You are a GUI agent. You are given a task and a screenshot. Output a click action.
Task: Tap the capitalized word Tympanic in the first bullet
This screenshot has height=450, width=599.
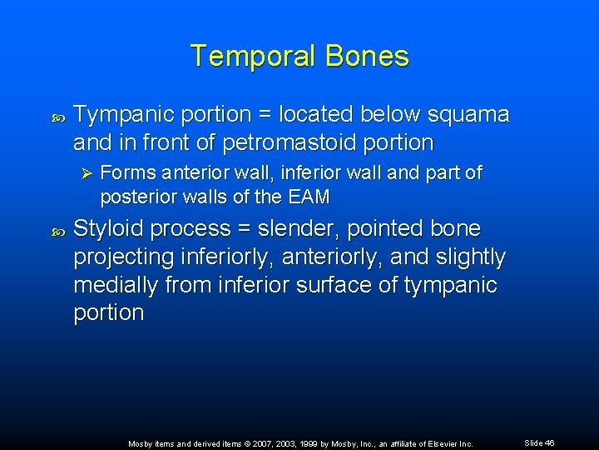120,114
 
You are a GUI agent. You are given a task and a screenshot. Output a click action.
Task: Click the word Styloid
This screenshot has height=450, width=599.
106,228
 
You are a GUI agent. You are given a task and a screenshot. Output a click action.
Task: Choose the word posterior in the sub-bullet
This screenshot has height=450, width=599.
134,197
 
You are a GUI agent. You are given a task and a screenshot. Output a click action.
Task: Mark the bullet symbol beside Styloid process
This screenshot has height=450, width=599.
56,229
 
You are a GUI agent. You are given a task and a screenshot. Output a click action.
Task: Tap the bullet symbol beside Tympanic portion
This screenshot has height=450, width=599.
56,115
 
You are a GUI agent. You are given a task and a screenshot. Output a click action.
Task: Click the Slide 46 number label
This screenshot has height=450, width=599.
539,442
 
